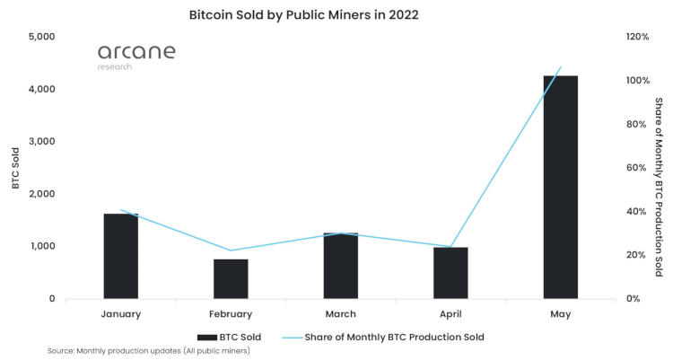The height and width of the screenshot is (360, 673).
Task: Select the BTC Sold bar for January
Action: [x=120, y=256]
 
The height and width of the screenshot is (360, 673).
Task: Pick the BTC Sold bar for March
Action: [x=340, y=266]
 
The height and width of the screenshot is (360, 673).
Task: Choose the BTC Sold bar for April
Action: [x=450, y=273]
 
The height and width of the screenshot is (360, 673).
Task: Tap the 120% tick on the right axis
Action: [x=638, y=37]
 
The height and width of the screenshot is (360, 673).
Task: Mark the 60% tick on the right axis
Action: [x=636, y=168]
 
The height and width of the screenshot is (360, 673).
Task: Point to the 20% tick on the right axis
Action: [x=636, y=255]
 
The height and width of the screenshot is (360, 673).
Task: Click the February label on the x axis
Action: [x=231, y=314]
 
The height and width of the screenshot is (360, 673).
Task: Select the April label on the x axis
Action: [x=450, y=314]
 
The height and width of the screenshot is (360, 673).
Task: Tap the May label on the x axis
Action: [x=560, y=314]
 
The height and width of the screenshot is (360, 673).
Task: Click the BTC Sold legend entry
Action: [x=232, y=338]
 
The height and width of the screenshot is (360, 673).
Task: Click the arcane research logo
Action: [x=135, y=56]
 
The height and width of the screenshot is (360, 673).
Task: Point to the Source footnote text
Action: [x=148, y=351]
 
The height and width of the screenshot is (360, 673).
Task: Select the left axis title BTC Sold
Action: [x=15, y=168]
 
